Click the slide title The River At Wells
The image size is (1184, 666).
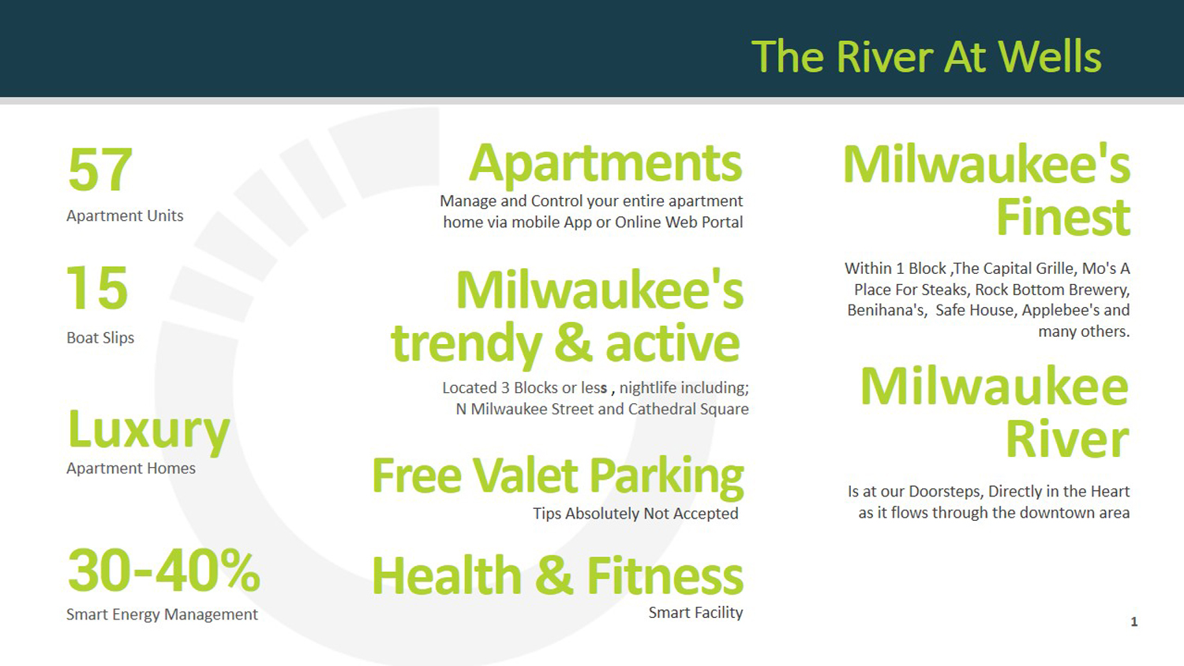pyautogui.click(x=926, y=57)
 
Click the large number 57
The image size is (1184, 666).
pyautogui.click(x=100, y=170)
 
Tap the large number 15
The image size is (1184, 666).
pyautogui.click(x=97, y=289)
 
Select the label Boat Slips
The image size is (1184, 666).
pyautogui.click(x=100, y=338)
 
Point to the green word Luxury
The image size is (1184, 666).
pyautogui.click(x=149, y=431)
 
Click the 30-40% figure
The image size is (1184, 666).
pyautogui.click(x=163, y=571)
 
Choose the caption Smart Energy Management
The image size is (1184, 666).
pyautogui.click(x=162, y=615)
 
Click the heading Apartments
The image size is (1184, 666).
pyautogui.click(x=605, y=163)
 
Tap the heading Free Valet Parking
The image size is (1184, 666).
pyautogui.click(x=557, y=476)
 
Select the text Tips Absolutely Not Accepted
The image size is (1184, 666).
pyautogui.click(x=635, y=514)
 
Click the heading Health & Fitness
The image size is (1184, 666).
pyautogui.click(x=557, y=576)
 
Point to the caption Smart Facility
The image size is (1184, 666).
pyautogui.click(x=695, y=613)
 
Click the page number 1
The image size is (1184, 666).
pyautogui.click(x=1133, y=622)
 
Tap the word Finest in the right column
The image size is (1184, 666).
pyautogui.click(x=1062, y=217)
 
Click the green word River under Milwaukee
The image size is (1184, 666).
pyautogui.click(x=1066, y=440)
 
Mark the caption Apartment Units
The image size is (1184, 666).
pyautogui.click(x=125, y=216)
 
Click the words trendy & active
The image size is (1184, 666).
pyautogui.click(x=565, y=344)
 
